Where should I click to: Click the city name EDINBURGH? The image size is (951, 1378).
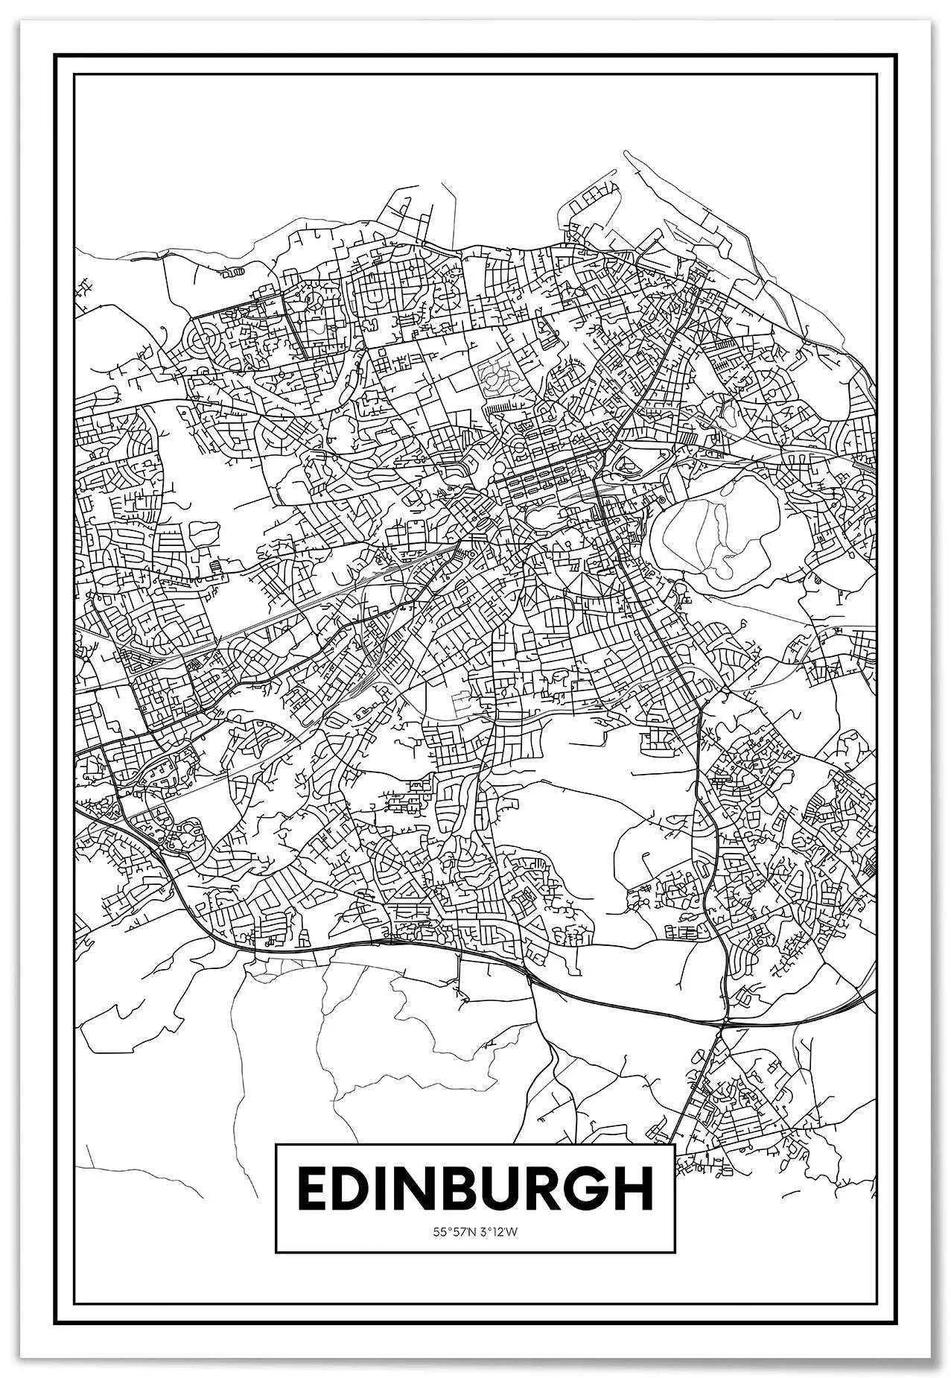coord(475,1190)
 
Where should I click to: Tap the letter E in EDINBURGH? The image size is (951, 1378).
coord(314,1190)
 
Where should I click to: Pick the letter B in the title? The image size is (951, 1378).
coord(444,1190)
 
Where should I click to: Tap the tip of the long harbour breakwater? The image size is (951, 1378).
coord(626,153)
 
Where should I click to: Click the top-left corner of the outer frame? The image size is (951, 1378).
coord(57,55)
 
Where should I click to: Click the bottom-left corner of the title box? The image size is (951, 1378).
coord(276,1251)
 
